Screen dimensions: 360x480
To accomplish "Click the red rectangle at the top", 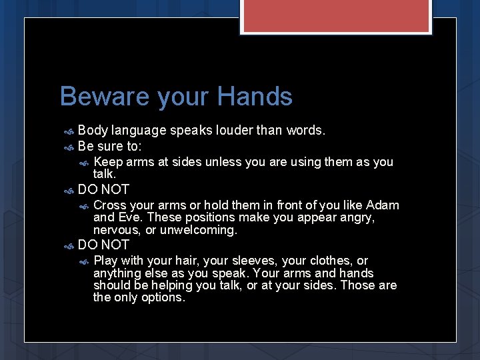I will click(x=335, y=16).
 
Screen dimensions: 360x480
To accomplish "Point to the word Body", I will click(x=93, y=130).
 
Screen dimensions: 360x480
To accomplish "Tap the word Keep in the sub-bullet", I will click(x=107, y=162).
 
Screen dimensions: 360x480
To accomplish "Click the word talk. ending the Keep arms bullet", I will click(x=105, y=173).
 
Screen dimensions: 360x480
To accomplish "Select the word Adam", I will click(x=382, y=205).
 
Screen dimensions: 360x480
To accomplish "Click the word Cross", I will click(x=111, y=205).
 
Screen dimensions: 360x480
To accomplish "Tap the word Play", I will click(x=107, y=261).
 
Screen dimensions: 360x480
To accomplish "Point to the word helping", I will click(x=169, y=285).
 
